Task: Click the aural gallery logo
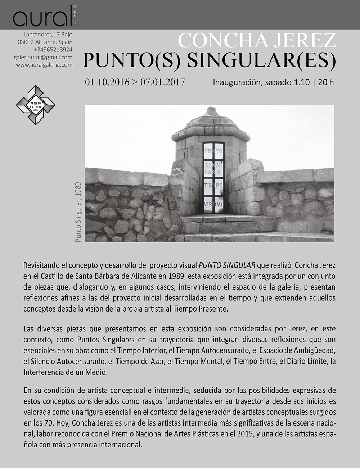click(x=45, y=17)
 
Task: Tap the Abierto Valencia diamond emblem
click(x=35, y=105)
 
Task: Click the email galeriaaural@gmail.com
click(x=43, y=57)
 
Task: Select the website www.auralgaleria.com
click(x=44, y=65)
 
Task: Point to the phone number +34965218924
click(x=53, y=50)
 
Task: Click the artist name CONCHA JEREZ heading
click(x=257, y=40)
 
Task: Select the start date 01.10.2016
click(x=107, y=82)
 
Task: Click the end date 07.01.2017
click(x=163, y=82)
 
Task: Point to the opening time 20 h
click(x=326, y=82)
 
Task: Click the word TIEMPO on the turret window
click(x=213, y=186)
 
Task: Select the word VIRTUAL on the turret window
click(x=213, y=204)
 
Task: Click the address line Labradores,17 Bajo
click(x=48, y=35)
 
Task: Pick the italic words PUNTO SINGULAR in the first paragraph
click(x=227, y=265)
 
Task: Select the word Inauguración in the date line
click(x=237, y=82)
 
